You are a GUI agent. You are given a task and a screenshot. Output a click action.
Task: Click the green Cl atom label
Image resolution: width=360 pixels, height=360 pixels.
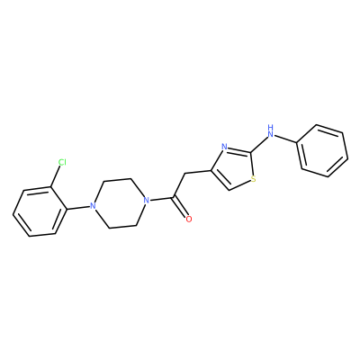coord(62,162)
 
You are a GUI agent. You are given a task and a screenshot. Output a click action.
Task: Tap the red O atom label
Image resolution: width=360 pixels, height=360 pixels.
coord(189,219)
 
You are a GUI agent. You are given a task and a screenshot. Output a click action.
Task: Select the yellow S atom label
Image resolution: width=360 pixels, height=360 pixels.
coord(254,179)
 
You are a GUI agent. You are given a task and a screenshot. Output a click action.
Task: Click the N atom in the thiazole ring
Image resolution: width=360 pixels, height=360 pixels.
coord(224,147)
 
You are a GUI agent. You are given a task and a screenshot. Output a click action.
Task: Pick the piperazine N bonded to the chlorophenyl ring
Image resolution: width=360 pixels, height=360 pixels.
coord(93,206)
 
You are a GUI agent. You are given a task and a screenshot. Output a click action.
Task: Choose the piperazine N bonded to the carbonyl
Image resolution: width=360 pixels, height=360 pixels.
coord(146,200)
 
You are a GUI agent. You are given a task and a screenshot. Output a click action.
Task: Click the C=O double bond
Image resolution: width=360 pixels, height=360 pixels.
coord(181,208)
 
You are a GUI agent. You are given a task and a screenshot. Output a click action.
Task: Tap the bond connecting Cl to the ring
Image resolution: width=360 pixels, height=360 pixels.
coord(56,177)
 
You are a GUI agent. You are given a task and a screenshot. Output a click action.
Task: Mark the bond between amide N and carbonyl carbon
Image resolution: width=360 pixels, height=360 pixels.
coord(161,199)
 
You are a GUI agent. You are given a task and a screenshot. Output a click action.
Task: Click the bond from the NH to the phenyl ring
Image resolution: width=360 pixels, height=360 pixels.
coord(286,139)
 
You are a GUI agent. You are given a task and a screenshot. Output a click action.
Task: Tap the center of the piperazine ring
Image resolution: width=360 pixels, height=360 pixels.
coord(120,203)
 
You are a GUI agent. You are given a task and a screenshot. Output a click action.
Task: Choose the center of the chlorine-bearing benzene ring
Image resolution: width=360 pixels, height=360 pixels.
coord(40,211)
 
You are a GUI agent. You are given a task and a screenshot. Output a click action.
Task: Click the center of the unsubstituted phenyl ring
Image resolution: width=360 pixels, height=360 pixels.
coord(323,150)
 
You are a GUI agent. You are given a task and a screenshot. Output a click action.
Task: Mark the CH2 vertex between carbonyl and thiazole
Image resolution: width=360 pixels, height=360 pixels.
coord(185,175)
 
